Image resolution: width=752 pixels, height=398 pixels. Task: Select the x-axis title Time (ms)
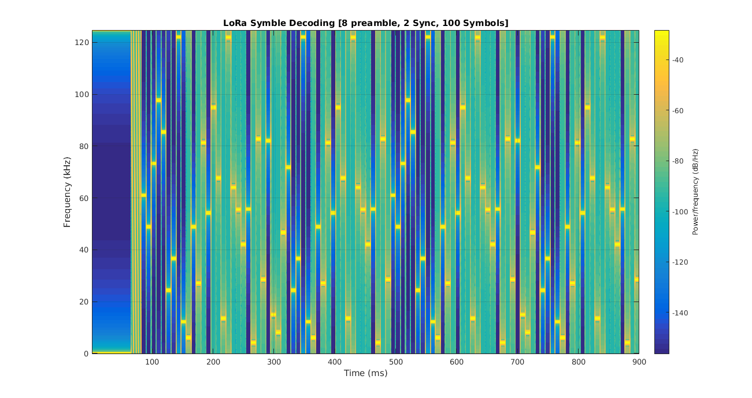click(365, 373)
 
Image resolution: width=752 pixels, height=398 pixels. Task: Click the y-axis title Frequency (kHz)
click(67, 192)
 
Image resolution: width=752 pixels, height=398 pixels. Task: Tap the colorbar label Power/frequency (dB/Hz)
click(695, 192)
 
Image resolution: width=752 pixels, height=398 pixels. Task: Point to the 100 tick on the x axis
click(152, 362)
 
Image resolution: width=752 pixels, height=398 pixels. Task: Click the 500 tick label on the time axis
click(395, 362)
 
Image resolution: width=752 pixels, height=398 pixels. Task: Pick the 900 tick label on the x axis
click(639, 362)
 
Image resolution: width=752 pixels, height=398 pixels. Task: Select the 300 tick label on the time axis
click(274, 362)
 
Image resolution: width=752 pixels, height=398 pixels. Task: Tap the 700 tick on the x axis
click(517, 362)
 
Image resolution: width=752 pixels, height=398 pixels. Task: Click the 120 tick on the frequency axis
click(82, 43)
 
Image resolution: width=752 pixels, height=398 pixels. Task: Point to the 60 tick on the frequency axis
click(84, 198)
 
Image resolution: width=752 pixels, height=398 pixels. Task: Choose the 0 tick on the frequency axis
click(86, 354)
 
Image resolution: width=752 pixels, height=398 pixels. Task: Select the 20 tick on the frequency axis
click(84, 302)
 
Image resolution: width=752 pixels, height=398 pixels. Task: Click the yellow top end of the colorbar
click(661, 34)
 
